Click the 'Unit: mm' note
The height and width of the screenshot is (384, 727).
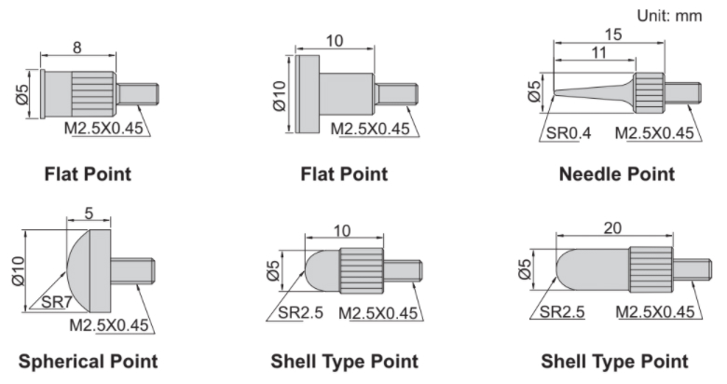669,16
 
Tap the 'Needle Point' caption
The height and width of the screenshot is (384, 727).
617,174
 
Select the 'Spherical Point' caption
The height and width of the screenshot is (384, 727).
89,362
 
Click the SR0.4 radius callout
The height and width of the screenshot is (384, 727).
569,133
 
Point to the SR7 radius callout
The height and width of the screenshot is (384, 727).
57,302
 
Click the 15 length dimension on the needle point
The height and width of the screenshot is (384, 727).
613,34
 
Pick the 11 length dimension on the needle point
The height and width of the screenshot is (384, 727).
598,52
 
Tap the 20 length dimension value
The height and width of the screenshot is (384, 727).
612,227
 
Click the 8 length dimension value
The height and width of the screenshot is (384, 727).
77,48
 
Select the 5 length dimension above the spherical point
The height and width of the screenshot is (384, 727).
89,213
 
